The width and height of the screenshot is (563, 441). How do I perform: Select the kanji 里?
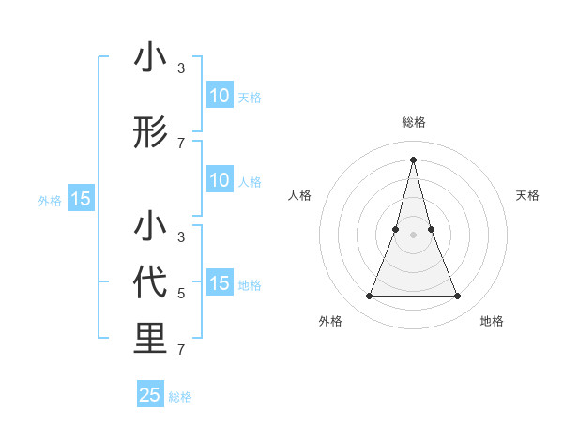coord(150,340)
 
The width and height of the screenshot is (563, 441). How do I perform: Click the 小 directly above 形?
coord(150,58)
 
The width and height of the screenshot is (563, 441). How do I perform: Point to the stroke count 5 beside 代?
coord(181,294)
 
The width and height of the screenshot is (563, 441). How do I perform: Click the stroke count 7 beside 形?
coord(181,143)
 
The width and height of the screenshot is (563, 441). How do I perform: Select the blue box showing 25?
coord(150,395)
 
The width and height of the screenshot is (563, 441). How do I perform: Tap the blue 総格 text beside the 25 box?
coord(180,397)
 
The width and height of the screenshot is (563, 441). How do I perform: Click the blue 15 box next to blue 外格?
coord(81,199)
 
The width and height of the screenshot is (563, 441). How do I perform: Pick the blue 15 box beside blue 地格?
coord(219,283)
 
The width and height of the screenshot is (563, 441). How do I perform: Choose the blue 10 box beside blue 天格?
coord(219,96)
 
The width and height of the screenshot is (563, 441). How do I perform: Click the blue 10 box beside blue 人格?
coord(219,180)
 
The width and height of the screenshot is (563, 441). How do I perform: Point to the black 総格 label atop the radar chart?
coord(413,122)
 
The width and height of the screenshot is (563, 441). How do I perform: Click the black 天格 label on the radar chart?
coord(527,195)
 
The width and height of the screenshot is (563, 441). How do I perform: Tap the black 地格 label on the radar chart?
coord(492,322)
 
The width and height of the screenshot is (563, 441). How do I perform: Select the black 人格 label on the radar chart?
coord(299,195)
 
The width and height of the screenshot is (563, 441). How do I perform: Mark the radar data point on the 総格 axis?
coord(413,159)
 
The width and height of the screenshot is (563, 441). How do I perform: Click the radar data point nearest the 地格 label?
coord(458,297)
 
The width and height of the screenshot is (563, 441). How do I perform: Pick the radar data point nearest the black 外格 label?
coord(369,297)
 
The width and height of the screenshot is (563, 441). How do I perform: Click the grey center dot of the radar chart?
coord(413,235)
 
